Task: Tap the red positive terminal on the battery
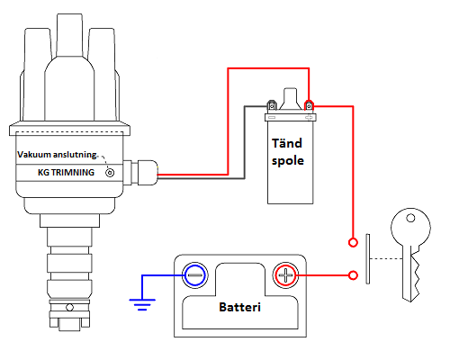(285, 274)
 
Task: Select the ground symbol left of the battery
(141, 301)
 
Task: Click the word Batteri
(240, 308)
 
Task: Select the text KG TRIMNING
(66, 171)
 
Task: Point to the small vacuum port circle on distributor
(110, 171)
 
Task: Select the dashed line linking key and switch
(382, 258)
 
